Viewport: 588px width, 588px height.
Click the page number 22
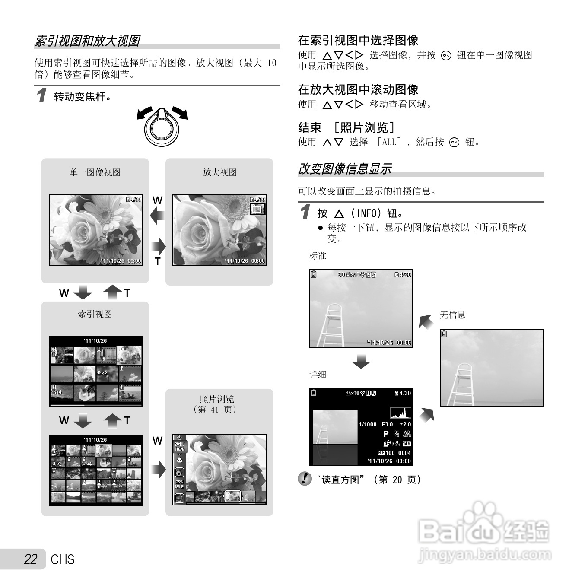[x=31, y=559]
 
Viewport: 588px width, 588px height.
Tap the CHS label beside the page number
[x=63, y=559]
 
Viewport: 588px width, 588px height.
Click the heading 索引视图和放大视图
[x=87, y=41]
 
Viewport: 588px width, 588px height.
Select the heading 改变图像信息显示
[x=345, y=169]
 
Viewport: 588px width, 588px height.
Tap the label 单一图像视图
[x=95, y=173]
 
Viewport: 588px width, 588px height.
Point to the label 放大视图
[x=219, y=173]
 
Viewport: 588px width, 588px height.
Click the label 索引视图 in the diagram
[x=95, y=315]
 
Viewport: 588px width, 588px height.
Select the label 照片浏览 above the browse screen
[x=217, y=399]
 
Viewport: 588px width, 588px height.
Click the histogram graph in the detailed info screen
[x=400, y=413]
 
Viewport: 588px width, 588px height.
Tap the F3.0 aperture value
[x=387, y=425]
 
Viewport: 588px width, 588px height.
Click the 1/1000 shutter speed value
[x=368, y=425]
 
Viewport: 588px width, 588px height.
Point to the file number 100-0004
[x=398, y=453]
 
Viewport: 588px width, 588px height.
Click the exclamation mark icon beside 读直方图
[x=305, y=479]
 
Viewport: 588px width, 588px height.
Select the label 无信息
[x=452, y=315]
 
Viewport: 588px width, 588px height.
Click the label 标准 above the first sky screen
[x=318, y=256]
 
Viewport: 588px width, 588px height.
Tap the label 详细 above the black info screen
[x=318, y=375]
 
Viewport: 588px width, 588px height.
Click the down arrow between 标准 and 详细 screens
[x=361, y=361]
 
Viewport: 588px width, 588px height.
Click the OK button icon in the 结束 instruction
[x=454, y=143]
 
